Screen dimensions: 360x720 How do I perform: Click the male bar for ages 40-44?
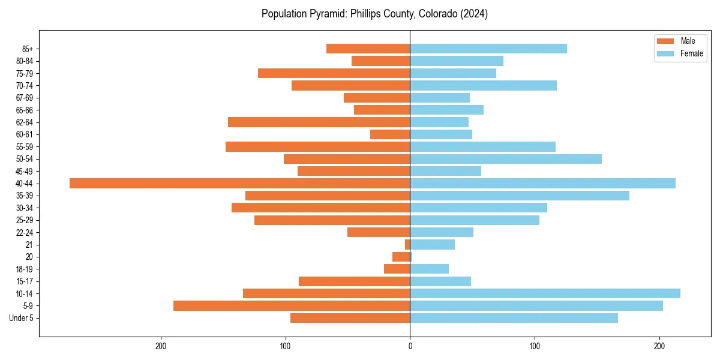240,183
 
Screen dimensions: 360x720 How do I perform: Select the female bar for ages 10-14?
545,293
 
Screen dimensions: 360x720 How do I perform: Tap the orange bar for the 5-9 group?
292,305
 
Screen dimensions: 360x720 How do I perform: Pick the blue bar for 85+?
488,49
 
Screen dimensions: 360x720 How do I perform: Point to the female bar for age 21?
432,244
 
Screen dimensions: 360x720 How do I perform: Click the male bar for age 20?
401,257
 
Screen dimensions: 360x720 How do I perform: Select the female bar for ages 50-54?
506,159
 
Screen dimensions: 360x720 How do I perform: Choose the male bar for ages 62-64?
319,122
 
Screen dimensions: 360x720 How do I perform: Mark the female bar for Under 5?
514,318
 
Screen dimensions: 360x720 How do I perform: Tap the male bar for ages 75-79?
334,73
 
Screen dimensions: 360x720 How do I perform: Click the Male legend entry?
680,41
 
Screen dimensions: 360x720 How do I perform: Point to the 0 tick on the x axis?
410,346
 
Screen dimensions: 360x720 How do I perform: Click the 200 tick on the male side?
160,346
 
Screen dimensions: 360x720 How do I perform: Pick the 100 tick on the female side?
535,346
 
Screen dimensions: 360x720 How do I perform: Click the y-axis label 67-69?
24,98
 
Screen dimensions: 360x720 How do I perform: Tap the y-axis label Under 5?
21,318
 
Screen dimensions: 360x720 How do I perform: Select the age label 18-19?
24,269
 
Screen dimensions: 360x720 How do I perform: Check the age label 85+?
27,49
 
